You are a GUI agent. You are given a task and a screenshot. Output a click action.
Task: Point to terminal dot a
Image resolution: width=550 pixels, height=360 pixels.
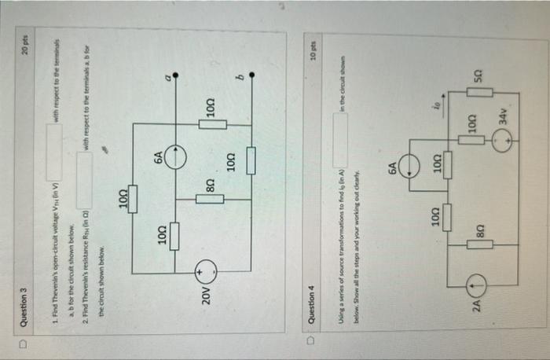pos(176,76)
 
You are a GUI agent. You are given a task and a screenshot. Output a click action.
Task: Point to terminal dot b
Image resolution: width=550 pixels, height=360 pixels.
pos(253,76)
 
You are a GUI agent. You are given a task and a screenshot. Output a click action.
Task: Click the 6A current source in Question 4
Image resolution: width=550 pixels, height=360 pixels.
pos(409,166)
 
